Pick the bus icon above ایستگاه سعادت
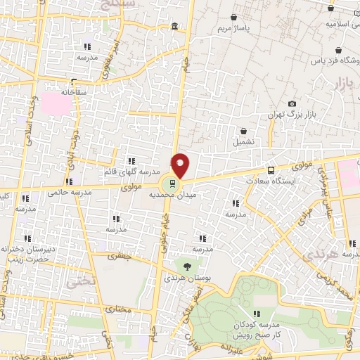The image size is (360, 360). (271, 170)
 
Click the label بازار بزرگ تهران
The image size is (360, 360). (292, 115)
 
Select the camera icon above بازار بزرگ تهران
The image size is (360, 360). (292, 104)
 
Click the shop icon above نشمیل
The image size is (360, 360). (243, 130)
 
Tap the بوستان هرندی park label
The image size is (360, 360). (187, 278)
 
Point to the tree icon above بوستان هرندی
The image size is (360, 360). (187, 266)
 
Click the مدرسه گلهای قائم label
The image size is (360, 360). (132, 172)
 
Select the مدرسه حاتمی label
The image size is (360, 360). (62, 191)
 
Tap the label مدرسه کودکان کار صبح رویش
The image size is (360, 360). (257, 330)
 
